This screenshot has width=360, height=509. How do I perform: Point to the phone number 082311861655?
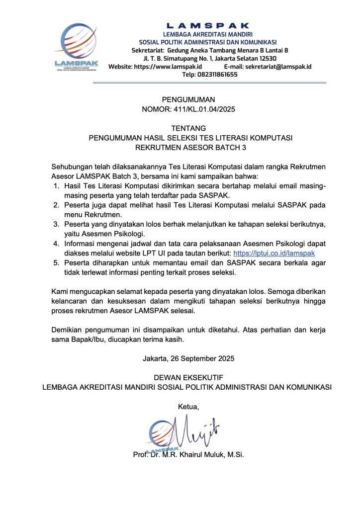point(216,75)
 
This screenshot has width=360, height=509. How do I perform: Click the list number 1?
point(56,186)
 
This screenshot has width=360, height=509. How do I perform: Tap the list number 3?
point(56,224)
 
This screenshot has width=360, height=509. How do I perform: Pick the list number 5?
point(56,263)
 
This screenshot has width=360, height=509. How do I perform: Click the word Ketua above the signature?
point(188,407)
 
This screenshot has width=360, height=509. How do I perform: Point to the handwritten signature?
point(196,430)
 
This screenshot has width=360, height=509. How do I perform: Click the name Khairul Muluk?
point(203,455)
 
